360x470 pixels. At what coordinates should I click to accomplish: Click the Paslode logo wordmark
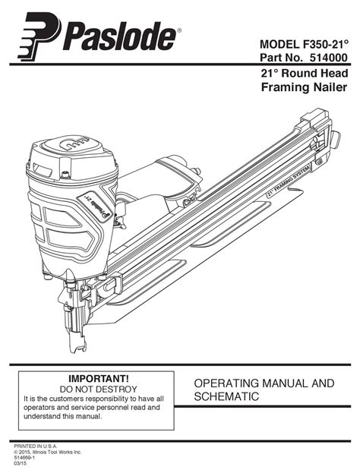[x=119, y=36]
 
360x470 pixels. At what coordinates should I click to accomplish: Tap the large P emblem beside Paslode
[x=39, y=36]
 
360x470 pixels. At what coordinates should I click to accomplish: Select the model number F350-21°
[x=324, y=44]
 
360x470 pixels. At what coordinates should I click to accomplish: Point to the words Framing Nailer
[x=305, y=87]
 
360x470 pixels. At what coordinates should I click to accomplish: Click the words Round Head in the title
[x=314, y=73]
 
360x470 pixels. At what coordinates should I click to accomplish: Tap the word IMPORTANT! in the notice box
[x=99, y=379]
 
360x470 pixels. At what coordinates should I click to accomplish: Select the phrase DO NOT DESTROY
[x=98, y=389]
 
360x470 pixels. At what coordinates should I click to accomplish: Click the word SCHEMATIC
[x=226, y=396]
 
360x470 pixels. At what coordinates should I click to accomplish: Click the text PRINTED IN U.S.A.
[x=36, y=446]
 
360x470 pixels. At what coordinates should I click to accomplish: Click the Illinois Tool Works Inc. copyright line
[x=48, y=452]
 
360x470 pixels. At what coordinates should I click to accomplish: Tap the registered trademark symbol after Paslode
[x=179, y=30]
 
